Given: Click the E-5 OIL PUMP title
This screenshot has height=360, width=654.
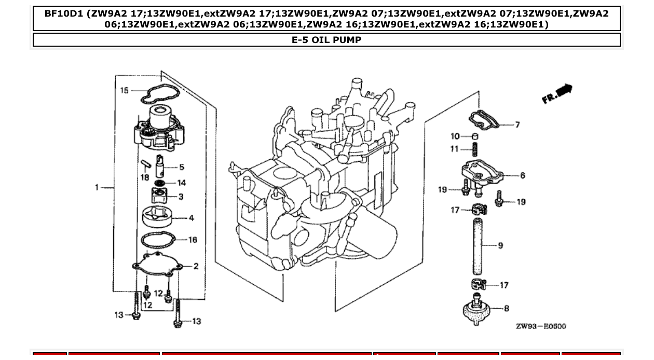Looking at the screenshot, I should point(326,40).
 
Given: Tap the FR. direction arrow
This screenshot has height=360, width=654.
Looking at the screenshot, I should point(557,94).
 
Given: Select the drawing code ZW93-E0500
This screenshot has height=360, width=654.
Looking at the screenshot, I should point(541,326).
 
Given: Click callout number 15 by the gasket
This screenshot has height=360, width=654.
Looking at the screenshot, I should point(125,91).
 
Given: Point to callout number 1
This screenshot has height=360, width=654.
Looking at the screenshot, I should point(97,187).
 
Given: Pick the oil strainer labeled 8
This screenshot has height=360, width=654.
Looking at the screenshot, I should point(476,310).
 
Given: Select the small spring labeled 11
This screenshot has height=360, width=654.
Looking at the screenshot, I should point(474,150).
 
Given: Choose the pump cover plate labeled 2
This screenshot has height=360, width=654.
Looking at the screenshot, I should point(158,263).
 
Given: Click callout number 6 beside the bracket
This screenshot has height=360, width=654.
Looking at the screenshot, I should point(522,175).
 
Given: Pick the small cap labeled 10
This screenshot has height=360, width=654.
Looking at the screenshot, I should point(473,136).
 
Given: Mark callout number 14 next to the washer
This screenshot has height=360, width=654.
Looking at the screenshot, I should point(182,183).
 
